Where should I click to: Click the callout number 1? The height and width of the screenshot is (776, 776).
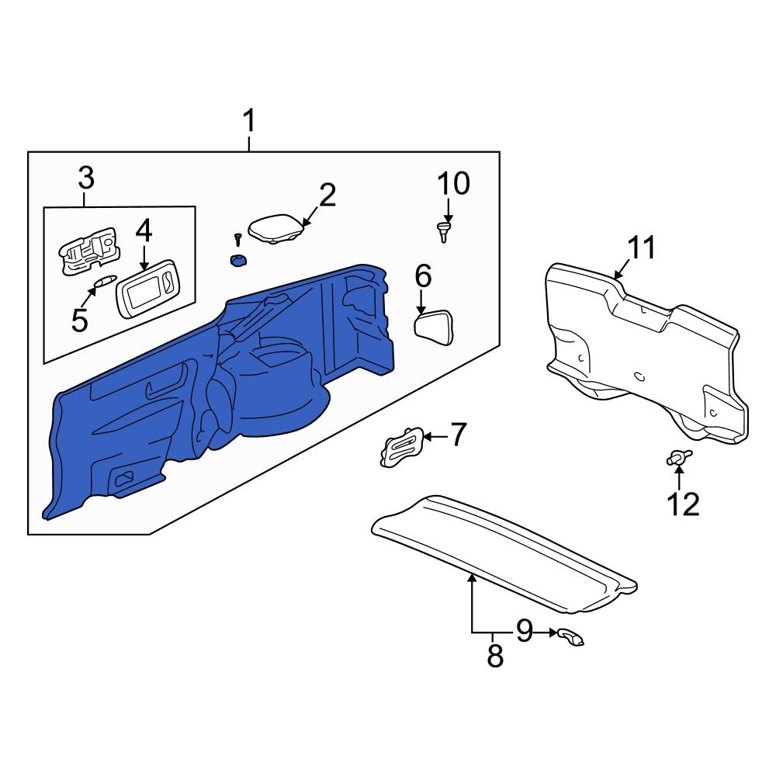click(248, 122)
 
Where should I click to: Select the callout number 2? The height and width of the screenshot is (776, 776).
click(327, 196)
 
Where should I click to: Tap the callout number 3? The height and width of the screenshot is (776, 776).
click(85, 178)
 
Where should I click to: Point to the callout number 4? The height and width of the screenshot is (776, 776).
click(144, 230)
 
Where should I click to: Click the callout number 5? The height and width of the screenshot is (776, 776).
click(80, 320)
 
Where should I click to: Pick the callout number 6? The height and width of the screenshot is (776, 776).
click(423, 275)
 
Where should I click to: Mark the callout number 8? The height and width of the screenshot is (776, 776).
click(494, 656)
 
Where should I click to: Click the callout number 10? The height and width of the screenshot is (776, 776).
click(453, 184)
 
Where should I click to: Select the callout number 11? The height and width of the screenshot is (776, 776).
click(642, 248)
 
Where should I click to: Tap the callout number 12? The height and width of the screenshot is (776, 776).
click(684, 504)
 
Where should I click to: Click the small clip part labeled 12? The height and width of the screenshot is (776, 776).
click(677, 459)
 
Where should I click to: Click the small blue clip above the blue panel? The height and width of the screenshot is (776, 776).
click(237, 261)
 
